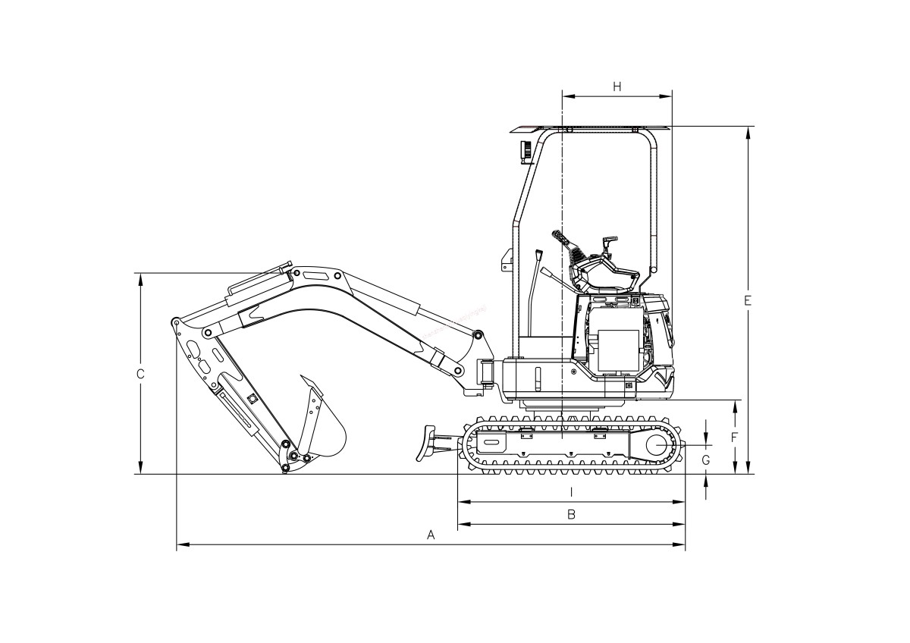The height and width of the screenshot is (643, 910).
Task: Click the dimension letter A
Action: coord(431,535)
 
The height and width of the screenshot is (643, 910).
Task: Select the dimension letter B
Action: coord(572,514)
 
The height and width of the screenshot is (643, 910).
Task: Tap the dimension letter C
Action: coord(140,374)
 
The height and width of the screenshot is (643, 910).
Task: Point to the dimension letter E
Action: coord(748,301)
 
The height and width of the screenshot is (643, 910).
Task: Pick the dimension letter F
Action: coord(734,438)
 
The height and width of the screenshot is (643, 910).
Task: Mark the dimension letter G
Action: coord(706,460)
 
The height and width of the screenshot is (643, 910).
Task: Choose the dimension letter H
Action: coord(617,86)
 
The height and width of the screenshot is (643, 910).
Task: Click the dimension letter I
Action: coord(571,492)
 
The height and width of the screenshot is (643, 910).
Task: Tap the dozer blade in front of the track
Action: coord(428,443)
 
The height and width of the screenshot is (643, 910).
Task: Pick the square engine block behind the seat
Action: coord(618,350)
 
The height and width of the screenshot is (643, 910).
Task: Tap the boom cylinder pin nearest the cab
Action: coord(478,334)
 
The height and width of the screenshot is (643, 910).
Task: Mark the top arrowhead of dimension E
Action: coord(748,131)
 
